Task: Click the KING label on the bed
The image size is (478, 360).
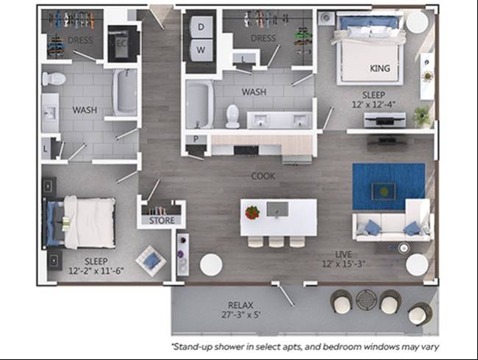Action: coord(380,68)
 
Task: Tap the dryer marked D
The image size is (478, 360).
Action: coord(201,26)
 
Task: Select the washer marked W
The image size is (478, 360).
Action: coord(201,50)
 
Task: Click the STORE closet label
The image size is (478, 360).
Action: coord(162,220)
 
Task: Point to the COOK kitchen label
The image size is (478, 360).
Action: coord(263,176)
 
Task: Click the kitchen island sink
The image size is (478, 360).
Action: coord(277,209)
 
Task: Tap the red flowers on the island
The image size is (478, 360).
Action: coord(252,212)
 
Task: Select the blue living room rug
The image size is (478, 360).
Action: coord(388,186)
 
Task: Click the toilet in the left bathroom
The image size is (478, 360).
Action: coord(54,79)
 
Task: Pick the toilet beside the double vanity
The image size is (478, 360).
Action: coord(232,116)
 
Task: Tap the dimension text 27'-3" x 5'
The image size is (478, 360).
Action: coord(240,314)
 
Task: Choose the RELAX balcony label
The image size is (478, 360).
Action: coord(240,305)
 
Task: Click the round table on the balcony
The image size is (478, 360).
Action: coord(366,300)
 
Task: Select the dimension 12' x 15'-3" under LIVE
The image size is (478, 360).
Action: coord(343,264)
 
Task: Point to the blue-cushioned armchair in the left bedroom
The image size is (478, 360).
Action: coord(151,261)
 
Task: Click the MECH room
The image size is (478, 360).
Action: coord(123,43)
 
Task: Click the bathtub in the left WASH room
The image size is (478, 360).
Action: coord(125,93)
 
